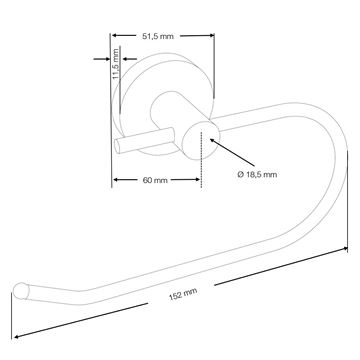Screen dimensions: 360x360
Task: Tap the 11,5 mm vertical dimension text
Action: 116,63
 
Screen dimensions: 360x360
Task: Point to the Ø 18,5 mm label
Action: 257,174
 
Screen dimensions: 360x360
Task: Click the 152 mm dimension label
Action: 183,294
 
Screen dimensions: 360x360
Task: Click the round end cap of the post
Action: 201,141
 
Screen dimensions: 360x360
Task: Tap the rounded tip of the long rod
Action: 21,291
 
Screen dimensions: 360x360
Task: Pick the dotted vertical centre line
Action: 201,159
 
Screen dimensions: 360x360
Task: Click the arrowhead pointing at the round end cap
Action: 213,142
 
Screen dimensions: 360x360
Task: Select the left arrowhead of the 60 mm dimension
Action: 116,180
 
